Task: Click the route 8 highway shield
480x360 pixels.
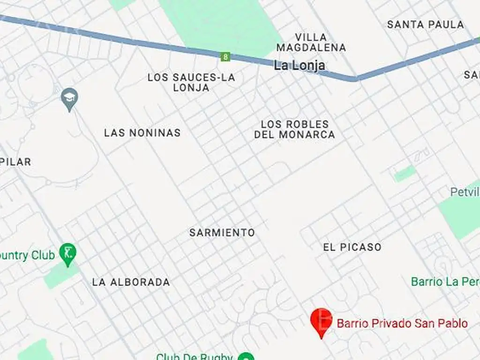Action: [x=226, y=57]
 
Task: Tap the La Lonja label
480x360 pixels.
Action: [x=299, y=66]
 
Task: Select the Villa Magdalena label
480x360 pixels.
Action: [x=311, y=42]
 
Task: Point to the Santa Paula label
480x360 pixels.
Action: [x=425, y=25]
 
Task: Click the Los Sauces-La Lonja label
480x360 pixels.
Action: [x=191, y=82]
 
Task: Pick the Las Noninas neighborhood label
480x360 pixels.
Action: [x=142, y=133]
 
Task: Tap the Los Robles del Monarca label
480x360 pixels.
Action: [x=295, y=129]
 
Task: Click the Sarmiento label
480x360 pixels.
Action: [x=222, y=232]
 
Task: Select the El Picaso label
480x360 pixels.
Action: [x=352, y=247]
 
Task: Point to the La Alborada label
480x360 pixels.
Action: [x=131, y=282]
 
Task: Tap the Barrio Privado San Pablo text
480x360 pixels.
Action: [x=402, y=323]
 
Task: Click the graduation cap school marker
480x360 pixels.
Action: [x=69, y=98]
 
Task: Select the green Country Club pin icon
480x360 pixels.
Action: [x=68, y=254]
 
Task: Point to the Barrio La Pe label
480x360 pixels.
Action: [x=445, y=282]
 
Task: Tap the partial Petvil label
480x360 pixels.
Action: [x=465, y=192]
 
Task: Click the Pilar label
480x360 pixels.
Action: [x=16, y=162]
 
